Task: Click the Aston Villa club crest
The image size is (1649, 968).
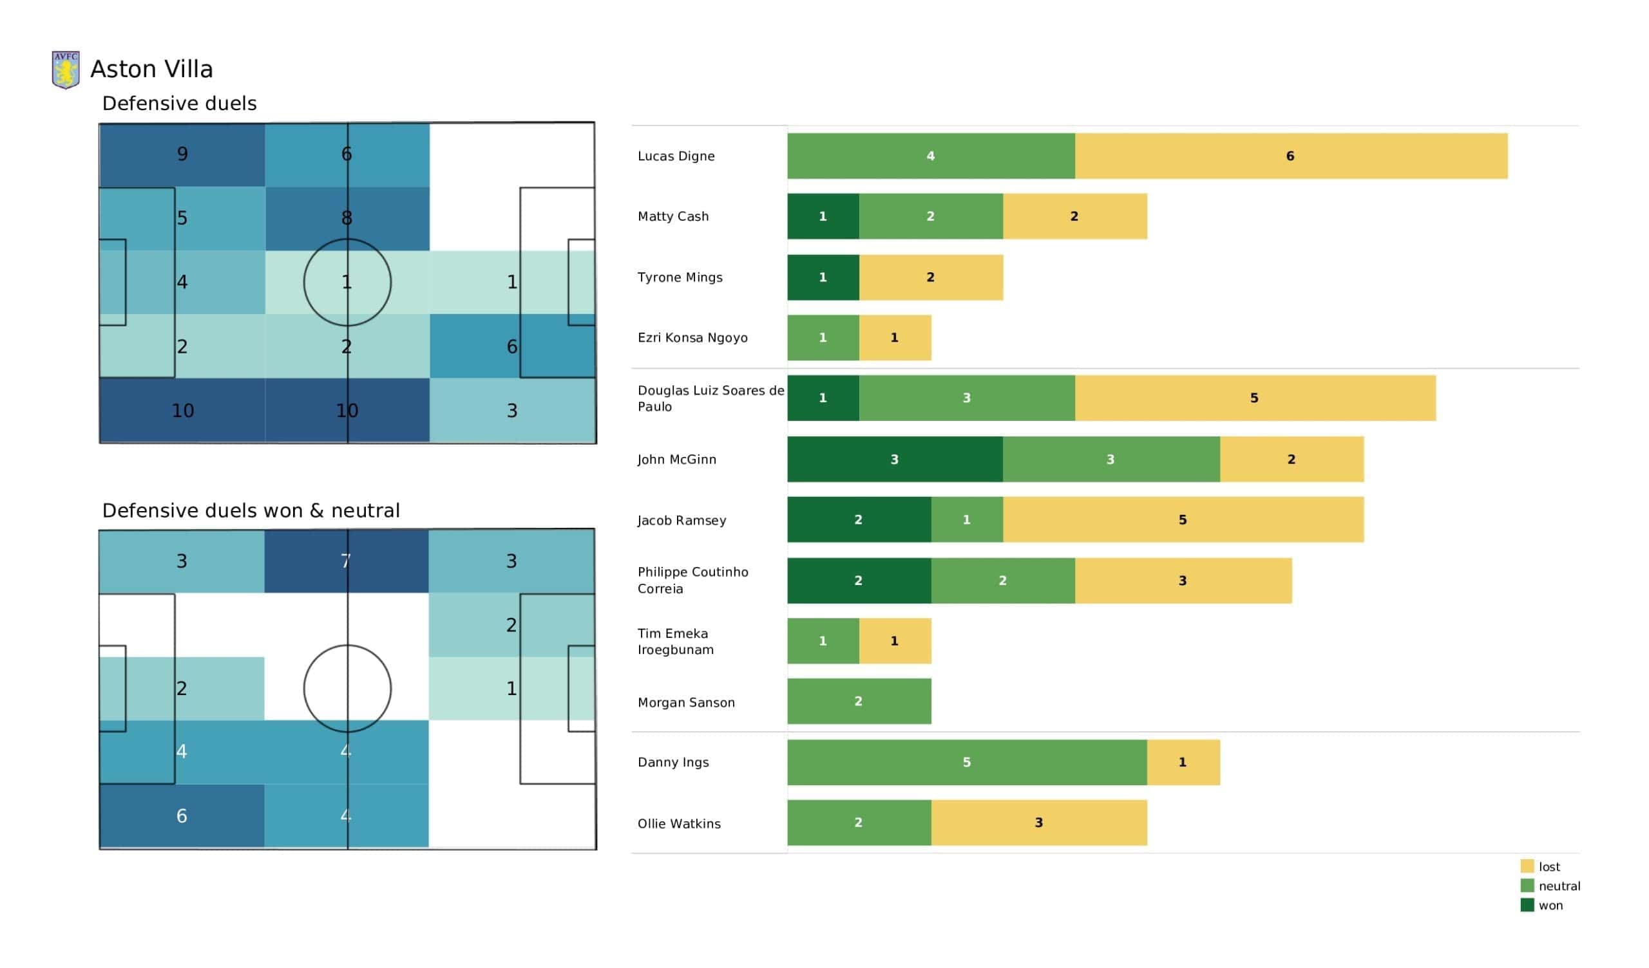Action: (66, 70)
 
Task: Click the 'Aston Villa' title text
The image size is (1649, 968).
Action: (152, 70)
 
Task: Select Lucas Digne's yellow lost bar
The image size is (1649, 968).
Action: (1291, 156)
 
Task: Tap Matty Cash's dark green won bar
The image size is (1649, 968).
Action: (823, 216)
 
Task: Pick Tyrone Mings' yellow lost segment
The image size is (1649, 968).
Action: (931, 277)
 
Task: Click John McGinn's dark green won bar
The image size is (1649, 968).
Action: (895, 459)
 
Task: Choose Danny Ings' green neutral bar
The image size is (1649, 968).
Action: (967, 762)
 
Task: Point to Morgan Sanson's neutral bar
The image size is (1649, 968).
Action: (859, 701)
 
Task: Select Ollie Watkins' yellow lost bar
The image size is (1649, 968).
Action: (1039, 823)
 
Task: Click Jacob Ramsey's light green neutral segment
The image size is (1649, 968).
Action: (967, 520)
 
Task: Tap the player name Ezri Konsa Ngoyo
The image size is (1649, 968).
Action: (692, 337)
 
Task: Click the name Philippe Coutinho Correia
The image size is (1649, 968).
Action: (693, 580)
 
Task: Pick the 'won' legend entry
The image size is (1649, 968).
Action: (1541, 906)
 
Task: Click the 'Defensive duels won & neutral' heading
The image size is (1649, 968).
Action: (251, 511)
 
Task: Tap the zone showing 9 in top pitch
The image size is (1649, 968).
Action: (182, 155)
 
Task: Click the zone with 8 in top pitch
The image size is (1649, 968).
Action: (347, 218)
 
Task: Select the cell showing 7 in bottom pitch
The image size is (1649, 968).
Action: (347, 561)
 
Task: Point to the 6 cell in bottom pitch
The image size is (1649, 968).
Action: (182, 815)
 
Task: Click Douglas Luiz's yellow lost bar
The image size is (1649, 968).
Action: (1255, 398)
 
